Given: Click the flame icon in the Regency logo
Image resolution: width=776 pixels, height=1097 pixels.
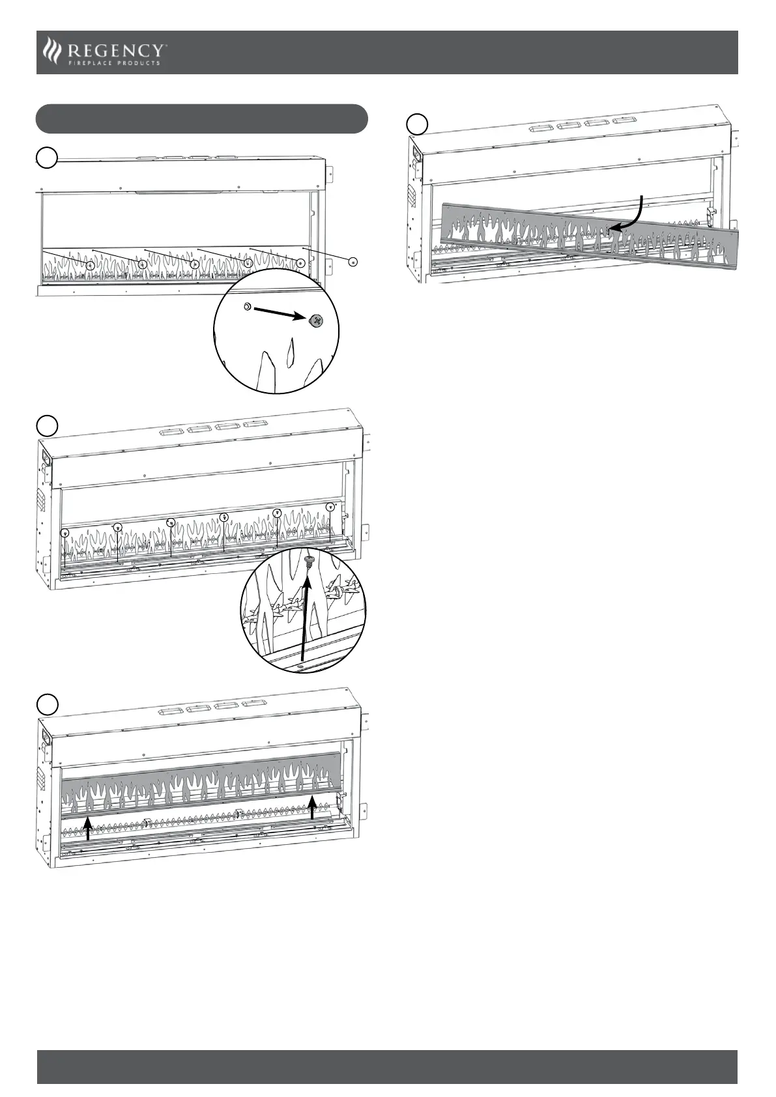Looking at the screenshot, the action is pyautogui.click(x=51, y=51).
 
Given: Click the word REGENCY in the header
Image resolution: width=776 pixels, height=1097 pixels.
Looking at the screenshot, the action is pyautogui.click(x=117, y=50).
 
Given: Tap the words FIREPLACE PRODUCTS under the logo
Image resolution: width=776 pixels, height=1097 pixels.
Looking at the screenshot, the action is pyautogui.click(x=114, y=63).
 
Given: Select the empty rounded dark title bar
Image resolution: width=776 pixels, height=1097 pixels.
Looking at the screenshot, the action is pyautogui.click(x=202, y=119).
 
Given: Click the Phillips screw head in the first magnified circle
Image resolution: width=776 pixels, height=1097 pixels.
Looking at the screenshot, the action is pyautogui.click(x=316, y=321).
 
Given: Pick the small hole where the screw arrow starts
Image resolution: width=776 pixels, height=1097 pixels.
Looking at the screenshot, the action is pyautogui.click(x=247, y=306).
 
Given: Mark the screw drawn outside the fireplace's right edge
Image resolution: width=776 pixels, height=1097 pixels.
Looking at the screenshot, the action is pyautogui.click(x=352, y=262).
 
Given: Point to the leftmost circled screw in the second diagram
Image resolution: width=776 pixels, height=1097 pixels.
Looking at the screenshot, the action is pyautogui.click(x=65, y=533).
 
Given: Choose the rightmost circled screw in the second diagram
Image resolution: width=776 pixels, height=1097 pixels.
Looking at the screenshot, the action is pyautogui.click(x=330, y=507).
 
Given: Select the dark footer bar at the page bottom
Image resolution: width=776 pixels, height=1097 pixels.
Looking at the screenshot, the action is pyautogui.click(x=387, y=1066).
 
